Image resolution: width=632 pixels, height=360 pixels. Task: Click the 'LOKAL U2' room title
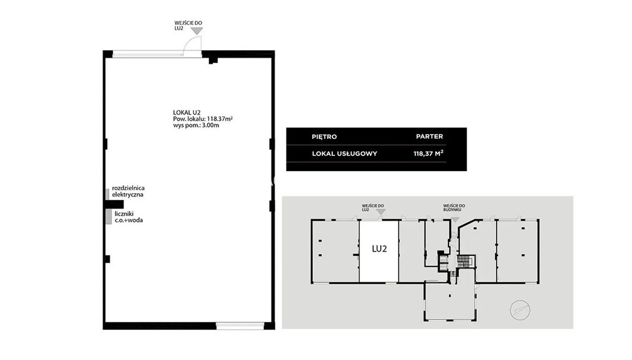pos(186,113)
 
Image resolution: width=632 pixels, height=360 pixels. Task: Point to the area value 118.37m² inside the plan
pos(220,119)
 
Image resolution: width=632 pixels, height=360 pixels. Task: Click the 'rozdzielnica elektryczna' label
pos(128,191)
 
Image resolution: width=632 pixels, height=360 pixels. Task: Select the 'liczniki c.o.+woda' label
pos(129,217)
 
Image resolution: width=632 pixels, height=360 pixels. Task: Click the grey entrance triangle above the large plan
pos(196,31)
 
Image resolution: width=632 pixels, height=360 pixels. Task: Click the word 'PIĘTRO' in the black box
pos(324,137)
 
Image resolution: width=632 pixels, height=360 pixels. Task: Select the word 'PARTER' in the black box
pos(429,136)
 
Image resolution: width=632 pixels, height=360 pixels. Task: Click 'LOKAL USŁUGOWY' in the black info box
pos(344,154)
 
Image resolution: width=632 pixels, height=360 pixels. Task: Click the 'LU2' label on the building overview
pos(379,248)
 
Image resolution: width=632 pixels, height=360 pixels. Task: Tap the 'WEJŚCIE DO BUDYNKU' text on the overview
pos(454,208)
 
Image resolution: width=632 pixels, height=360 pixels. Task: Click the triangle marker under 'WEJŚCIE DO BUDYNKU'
pos(456,219)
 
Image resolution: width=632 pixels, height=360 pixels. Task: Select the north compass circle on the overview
pos(520,310)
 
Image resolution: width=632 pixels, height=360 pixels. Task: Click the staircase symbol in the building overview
pos(463,262)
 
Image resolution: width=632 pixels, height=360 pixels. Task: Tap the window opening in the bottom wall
pos(240,326)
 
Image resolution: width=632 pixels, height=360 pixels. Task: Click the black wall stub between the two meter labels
pos(114,204)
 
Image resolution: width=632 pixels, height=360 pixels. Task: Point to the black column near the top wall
pos(213,61)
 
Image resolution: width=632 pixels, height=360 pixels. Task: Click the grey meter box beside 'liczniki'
pos(108,217)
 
